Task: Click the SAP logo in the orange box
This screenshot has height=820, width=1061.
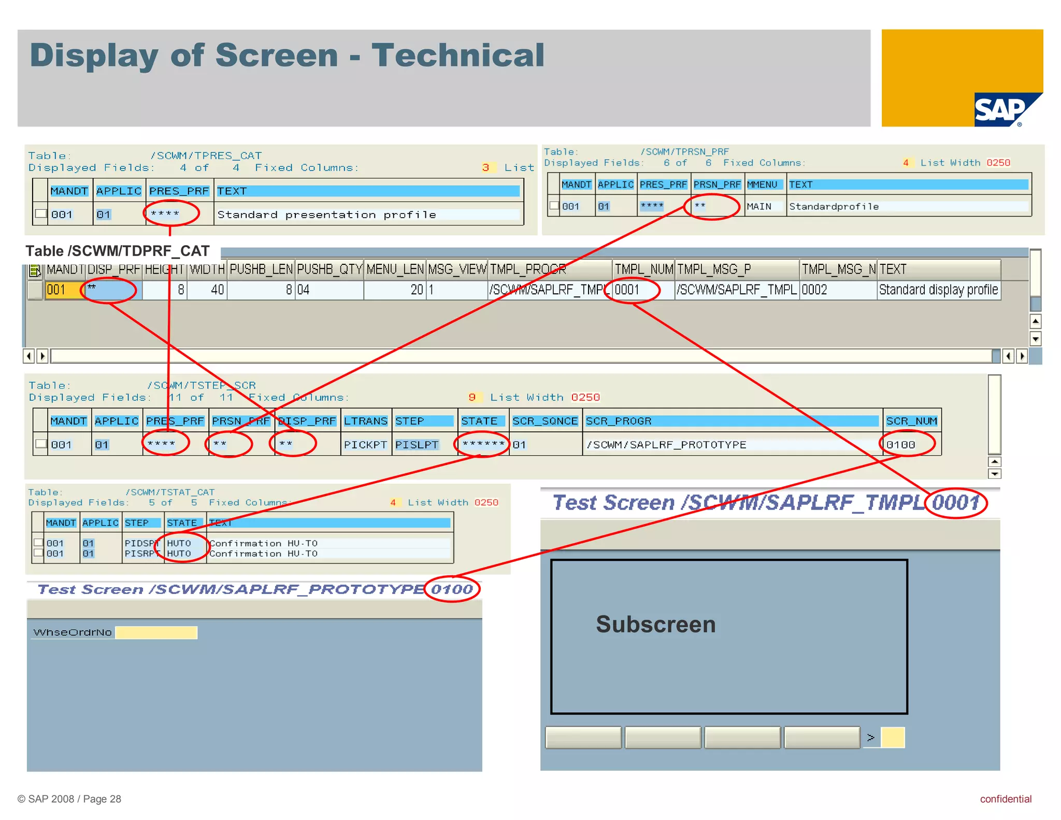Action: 1002,109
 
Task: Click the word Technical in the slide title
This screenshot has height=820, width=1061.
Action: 457,55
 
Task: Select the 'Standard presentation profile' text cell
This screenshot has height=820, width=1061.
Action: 326,215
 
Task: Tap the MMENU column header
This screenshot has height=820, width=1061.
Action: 762,185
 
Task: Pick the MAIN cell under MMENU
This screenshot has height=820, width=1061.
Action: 758,206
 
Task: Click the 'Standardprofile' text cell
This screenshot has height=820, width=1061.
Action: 834,206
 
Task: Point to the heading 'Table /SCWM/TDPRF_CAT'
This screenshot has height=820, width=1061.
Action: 118,251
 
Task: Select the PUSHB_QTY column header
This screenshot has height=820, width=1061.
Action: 329,270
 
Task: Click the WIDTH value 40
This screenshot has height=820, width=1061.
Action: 217,290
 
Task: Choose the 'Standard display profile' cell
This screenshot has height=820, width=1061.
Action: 938,290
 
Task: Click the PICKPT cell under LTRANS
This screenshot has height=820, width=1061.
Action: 365,445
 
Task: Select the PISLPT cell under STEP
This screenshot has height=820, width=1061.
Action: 417,445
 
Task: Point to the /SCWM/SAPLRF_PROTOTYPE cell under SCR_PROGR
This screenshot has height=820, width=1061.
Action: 666,445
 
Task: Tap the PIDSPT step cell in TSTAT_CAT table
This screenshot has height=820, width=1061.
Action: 140,543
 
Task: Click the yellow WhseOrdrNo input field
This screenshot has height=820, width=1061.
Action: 156,632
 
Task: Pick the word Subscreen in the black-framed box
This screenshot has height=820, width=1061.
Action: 655,624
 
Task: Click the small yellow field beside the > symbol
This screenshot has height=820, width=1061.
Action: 893,737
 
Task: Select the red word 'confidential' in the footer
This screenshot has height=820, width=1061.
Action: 1005,799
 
